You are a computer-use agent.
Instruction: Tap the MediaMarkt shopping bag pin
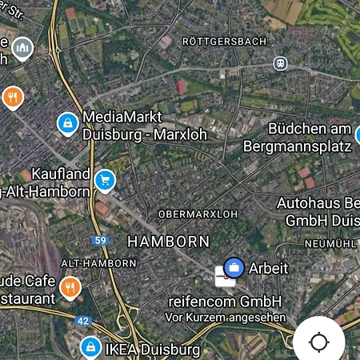coord(68,123)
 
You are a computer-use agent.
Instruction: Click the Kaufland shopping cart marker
coord(105,181)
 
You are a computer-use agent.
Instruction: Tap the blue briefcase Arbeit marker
coord(234,267)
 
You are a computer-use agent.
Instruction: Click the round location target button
coord(318,342)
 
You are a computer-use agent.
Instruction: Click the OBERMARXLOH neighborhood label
coord(198,214)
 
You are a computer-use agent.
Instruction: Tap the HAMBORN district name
coord(169,241)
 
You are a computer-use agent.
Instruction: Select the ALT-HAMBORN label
coord(98,262)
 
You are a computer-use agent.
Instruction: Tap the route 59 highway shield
coord(100,240)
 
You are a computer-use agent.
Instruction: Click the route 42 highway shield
coord(83,321)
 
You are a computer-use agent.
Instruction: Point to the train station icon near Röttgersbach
coord(280,62)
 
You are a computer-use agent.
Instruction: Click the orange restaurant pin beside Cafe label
coord(70,286)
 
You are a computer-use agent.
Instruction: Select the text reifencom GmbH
coord(225,301)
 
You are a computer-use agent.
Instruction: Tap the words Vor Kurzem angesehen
coord(225,317)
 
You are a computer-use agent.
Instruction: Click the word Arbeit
coord(268,268)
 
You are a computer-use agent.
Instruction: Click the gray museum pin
coord(22,47)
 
